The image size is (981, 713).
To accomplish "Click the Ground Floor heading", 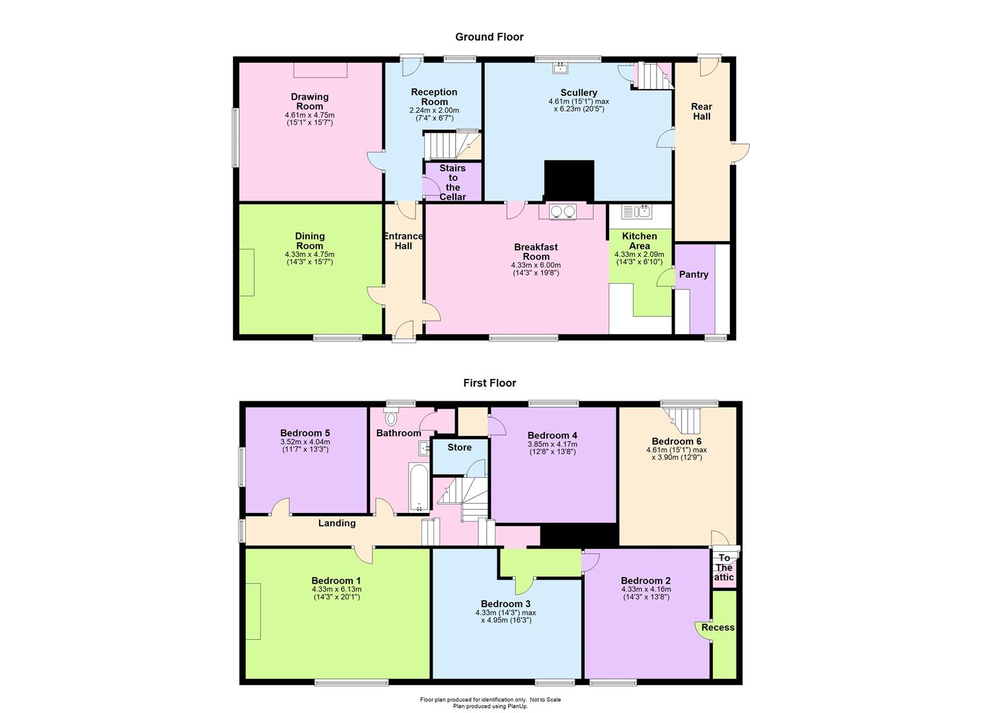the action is point(490,37).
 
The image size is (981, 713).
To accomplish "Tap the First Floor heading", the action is point(490,383).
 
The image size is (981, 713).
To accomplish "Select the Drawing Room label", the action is point(310,102).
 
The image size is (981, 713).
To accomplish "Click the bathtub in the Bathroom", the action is point(419,488).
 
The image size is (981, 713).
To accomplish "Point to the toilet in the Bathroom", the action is point(390,417).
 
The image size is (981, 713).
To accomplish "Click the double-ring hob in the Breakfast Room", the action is point(563,212).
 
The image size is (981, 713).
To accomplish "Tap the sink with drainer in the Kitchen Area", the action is point(637,212).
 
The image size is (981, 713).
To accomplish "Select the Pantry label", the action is point(694,275).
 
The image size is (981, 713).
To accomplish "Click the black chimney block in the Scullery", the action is point(569,180).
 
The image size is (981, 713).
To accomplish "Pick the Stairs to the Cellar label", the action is point(453,182).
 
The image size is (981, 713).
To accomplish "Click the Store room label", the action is point(459,448).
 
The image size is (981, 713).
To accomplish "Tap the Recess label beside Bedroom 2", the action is point(718,627).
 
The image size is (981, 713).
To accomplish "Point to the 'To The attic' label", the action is point(724,567).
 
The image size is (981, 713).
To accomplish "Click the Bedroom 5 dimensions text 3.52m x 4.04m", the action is point(305,442).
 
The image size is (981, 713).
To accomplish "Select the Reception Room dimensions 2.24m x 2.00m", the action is point(434,111).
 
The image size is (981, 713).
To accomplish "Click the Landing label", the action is point(337,523).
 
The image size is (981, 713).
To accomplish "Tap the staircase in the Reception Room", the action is point(452,146).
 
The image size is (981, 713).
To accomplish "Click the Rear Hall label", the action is point(702,111).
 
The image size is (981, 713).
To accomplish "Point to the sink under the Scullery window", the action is point(560,68).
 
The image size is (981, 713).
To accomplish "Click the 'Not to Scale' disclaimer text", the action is point(545,699).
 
